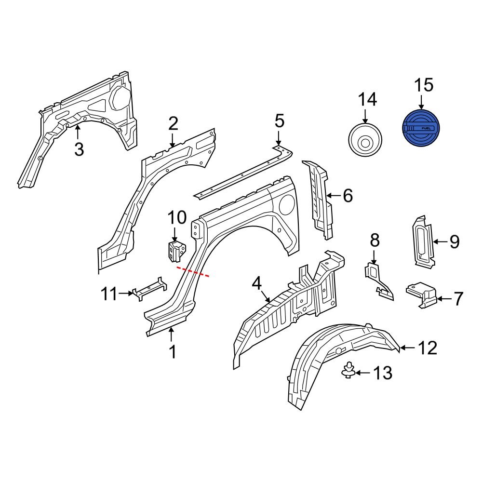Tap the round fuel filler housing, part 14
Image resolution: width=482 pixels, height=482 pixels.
click(x=365, y=141)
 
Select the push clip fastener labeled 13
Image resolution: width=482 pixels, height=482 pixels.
click(x=348, y=372)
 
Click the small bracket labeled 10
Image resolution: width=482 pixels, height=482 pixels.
click(x=177, y=251)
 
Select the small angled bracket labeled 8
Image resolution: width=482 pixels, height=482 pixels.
click(x=377, y=279)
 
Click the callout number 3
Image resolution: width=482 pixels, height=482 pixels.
click(x=79, y=149)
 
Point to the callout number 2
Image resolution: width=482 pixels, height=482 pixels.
click(x=173, y=124)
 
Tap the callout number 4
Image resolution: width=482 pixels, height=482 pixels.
click(x=256, y=283)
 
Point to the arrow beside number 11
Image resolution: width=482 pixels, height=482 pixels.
click(x=127, y=292)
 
